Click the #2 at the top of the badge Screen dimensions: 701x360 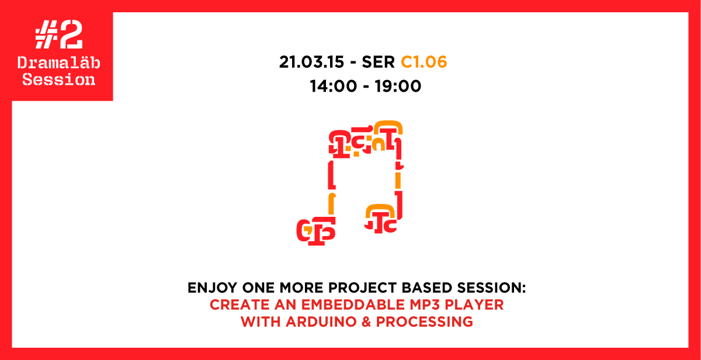(59, 34)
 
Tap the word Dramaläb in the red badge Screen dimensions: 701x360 (59, 63)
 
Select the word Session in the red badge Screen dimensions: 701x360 (59, 79)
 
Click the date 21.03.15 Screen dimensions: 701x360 (311, 62)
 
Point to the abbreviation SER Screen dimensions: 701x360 (378, 62)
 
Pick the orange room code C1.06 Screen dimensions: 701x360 (424, 62)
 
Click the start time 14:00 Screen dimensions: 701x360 (333, 86)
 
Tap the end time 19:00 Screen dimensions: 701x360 (398, 86)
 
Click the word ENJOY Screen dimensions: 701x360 (212, 288)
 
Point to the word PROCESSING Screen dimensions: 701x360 (424, 322)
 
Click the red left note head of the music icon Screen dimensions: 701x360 (316, 231)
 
